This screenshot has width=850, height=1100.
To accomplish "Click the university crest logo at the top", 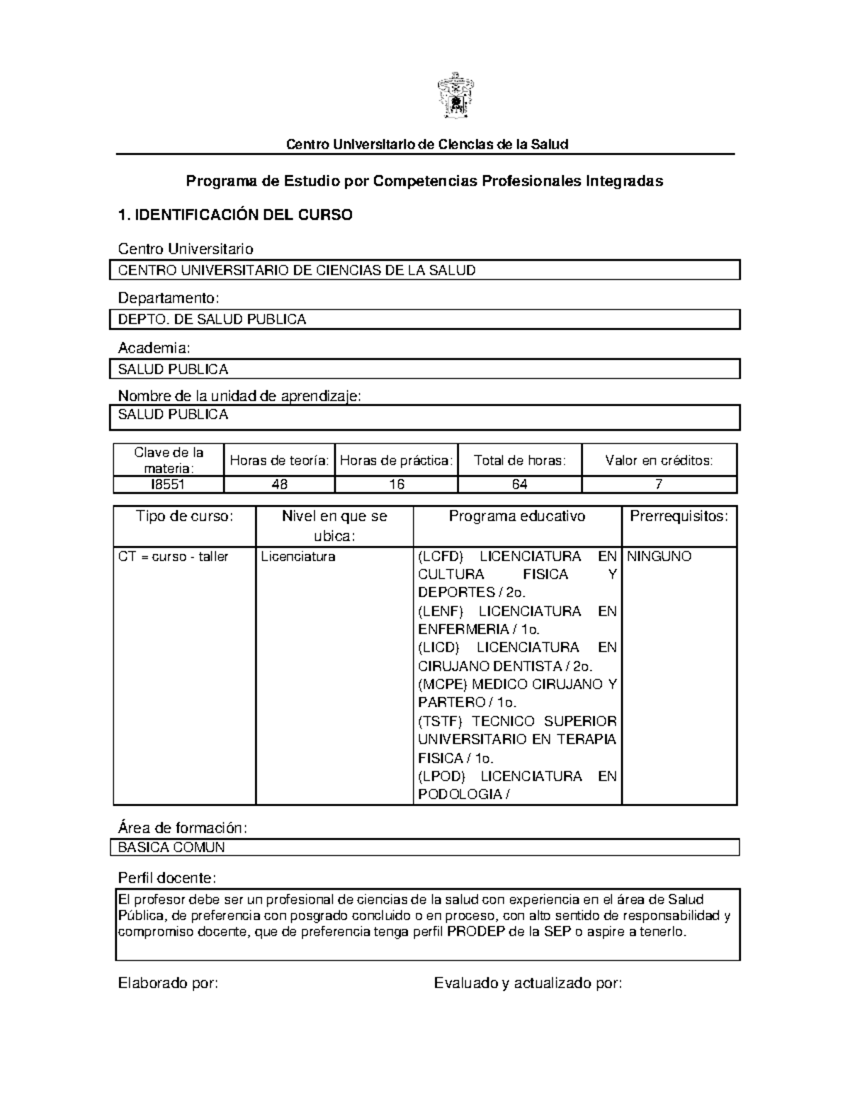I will coord(453,97).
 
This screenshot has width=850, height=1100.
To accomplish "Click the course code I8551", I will coord(168,484).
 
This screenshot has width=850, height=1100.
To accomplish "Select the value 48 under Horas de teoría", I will coord(279,484).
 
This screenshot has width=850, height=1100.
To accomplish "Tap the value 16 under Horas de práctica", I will coord(396,484).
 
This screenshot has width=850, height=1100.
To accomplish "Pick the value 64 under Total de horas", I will coord(519,484).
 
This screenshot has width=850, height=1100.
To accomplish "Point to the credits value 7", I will coord(659,484).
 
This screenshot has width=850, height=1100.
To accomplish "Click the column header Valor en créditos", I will coord(659,460).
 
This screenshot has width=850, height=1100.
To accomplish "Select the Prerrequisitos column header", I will coord(679,516).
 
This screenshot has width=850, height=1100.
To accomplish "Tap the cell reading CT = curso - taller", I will coord(174,557).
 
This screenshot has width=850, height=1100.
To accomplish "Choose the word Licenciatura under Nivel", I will coord(298,557).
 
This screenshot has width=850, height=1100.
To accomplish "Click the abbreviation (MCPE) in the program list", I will coord(440,684).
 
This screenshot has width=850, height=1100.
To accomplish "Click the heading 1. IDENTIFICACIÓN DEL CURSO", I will coord(234,215).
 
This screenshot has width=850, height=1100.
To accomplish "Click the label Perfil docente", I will coord(166,878).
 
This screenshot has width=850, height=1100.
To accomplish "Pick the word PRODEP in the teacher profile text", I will coord(476,932).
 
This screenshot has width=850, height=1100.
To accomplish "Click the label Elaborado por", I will coord(168,983).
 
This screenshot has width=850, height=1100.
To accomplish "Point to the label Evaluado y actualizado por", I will coord(528,983).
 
